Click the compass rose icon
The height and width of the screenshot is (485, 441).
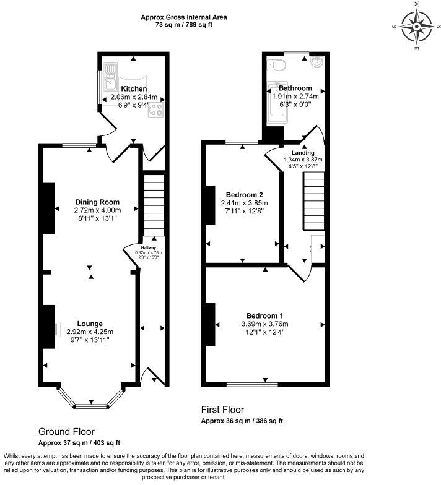pyautogui.click(x=416, y=27)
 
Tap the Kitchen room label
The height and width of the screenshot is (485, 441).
pyautogui.click(x=134, y=88)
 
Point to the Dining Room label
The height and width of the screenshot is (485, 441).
pyautogui.click(x=97, y=202)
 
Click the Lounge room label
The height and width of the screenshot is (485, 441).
pyautogui.click(x=90, y=323)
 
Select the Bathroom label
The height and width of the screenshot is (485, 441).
pyautogui.click(x=295, y=88)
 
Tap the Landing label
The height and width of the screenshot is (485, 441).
pyautogui.click(x=303, y=153)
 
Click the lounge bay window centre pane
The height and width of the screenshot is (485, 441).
pyautogui.click(x=91, y=406)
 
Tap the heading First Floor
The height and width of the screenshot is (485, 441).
pyautogui.click(x=222, y=410)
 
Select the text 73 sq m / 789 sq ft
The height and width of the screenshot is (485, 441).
pyautogui.click(x=184, y=25)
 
